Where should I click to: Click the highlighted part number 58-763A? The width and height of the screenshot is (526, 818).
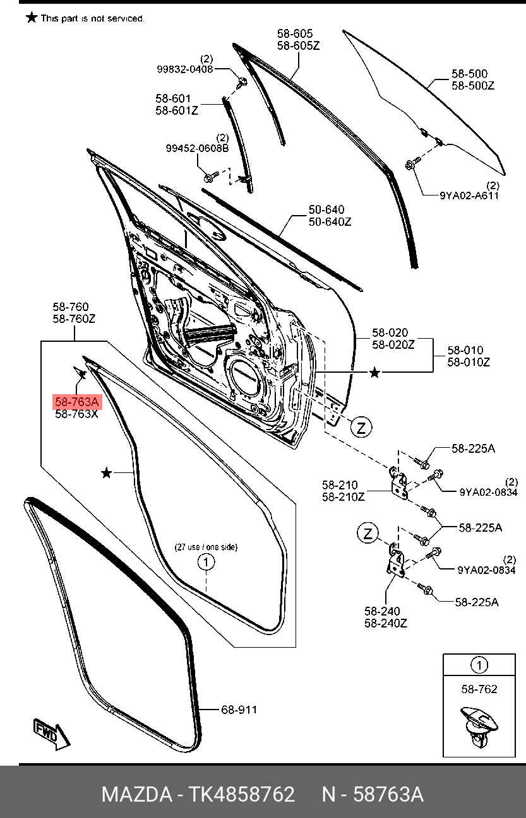click(x=76, y=402)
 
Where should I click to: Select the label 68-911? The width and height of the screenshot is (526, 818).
click(x=239, y=710)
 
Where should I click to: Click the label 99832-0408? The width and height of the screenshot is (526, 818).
click(x=185, y=69)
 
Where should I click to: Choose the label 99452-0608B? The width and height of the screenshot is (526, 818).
click(x=197, y=148)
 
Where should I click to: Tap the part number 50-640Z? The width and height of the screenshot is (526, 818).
click(x=330, y=221)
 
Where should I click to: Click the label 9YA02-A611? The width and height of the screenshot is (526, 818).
click(x=469, y=196)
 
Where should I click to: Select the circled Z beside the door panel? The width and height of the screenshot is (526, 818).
click(x=361, y=428)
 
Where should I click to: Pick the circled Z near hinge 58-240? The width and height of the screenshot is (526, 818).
click(x=368, y=534)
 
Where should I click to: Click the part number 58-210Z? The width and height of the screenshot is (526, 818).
click(x=344, y=496)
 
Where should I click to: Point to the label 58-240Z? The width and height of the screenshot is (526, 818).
click(x=386, y=622)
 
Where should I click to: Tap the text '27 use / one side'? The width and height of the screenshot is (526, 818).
click(x=206, y=547)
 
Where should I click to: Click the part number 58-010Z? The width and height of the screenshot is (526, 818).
click(x=469, y=362)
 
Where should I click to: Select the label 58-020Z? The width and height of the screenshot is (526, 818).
click(x=393, y=344)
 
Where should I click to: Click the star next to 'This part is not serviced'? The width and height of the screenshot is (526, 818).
click(x=32, y=17)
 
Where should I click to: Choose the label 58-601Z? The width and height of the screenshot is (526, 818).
click(x=177, y=110)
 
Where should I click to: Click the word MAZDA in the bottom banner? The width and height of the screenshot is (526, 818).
click(x=136, y=794)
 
